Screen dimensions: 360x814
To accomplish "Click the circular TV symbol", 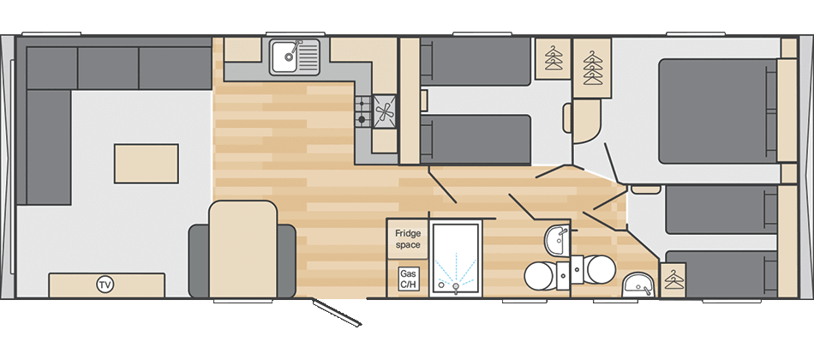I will point(105,285).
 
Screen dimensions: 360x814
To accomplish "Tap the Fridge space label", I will point(408,238).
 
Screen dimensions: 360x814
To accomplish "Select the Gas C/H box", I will point(408,279).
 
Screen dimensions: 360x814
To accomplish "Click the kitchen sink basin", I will point(290,57).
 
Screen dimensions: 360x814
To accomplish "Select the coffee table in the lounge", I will point(147,163).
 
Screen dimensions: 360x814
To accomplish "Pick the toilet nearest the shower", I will point(540,275).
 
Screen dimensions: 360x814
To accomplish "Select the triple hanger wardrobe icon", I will point(593,69).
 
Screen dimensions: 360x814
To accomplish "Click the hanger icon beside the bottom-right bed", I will point(676,279).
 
